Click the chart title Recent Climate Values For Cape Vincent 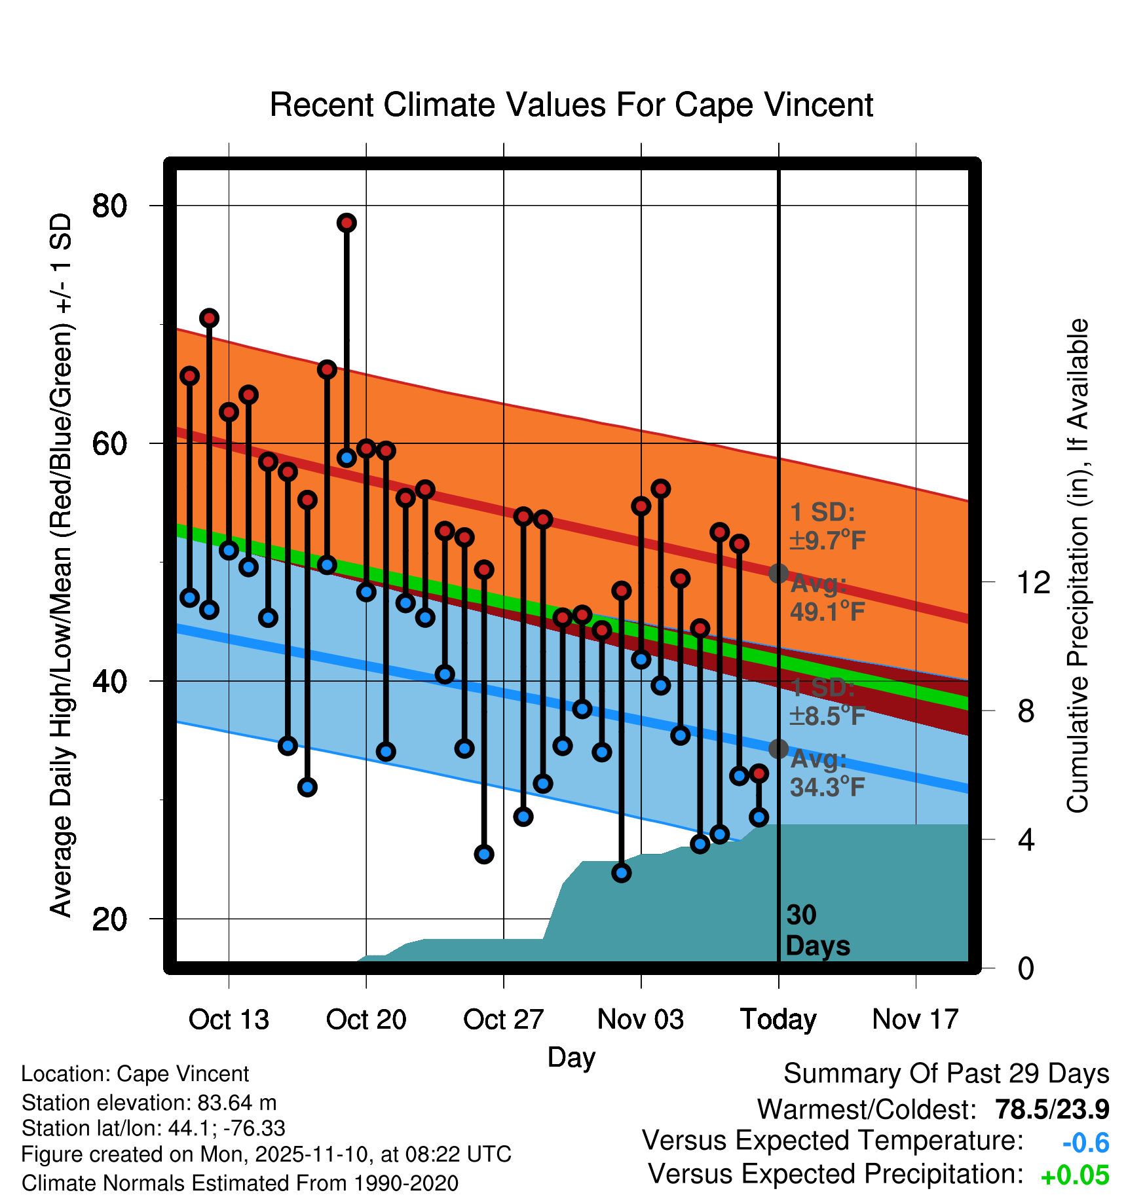coord(571,105)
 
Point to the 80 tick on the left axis coord(109,206)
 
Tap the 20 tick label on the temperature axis coord(109,919)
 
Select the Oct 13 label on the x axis coord(229,1020)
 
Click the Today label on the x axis coord(778,1020)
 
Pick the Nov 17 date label coord(915,1020)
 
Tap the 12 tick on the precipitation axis coord(1033,582)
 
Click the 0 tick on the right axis coord(1026,968)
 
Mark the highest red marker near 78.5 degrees coord(347,223)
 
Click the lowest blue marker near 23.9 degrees coord(622,872)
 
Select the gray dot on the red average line coord(778,574)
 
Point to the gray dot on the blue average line coord(778,748)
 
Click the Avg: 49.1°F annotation coord(827,597)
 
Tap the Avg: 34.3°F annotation coord(827,773)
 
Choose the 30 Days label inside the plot coord(817,930)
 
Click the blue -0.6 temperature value coord(1085,1143)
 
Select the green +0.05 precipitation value coord(1075,1175)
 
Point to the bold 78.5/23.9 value coord(1052,1109)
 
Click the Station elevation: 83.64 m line coord(149,1103)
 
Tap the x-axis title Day coord(571,1057)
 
